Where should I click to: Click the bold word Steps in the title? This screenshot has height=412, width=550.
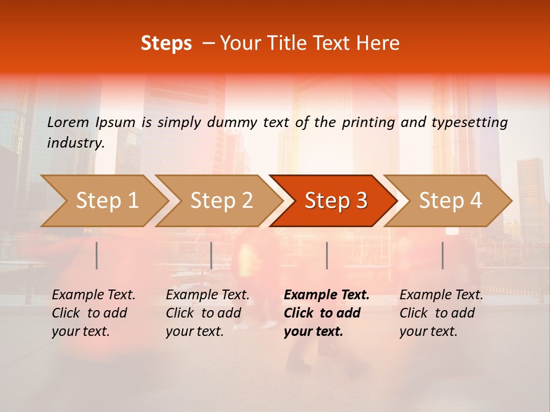pyautogui.click(x=166, y=43)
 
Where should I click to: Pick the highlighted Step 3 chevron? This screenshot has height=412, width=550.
pyautogui.click(x=335, y=201)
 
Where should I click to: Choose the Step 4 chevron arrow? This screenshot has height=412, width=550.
pyautogui.click(x=450, y=201)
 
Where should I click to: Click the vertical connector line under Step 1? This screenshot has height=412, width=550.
pyautogui.click(x=97, y=255)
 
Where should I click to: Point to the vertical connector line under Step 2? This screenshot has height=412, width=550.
pyautogui.click(x=211, y=255)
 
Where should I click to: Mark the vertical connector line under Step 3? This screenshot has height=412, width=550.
pyautogui.click(x=327, y=255)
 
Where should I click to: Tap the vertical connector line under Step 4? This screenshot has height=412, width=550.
pyautogui.click(x=443, y=255)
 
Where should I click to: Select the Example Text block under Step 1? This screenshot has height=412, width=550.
pyautogui.click(x=93, y=313)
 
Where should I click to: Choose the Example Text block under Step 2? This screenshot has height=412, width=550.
pyautogui.click(x=207, y=313)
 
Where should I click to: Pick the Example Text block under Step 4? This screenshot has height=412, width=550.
pyautogui.click(x=441, y=313)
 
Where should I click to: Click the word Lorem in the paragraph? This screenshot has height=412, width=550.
pyautogui.click(x=68, y=122)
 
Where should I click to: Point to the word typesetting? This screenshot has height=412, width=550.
pyautogui.click(x=469, y=122)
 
